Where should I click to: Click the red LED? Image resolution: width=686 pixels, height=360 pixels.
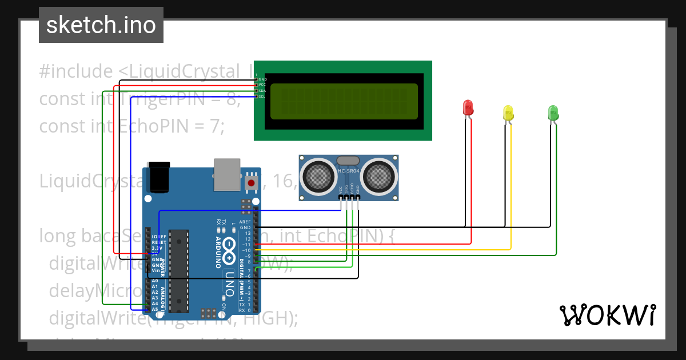468,107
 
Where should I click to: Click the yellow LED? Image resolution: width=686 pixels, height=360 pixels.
508,112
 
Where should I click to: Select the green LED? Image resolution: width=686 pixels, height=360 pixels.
553,112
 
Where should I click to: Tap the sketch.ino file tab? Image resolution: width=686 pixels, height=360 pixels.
101,25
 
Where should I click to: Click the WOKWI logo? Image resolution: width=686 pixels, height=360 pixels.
607,315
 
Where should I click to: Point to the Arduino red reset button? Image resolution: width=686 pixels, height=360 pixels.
250,183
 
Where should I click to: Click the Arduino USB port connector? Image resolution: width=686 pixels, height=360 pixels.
227,174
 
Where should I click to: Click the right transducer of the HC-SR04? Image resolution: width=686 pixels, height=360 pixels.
378,176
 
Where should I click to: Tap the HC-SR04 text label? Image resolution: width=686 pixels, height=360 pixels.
348,171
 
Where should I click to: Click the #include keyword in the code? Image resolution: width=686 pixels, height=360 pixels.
76,71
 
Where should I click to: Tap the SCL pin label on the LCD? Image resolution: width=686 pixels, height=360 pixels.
262,97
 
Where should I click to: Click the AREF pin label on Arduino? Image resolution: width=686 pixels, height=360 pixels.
245,222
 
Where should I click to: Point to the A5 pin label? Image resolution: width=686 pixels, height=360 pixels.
155,309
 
